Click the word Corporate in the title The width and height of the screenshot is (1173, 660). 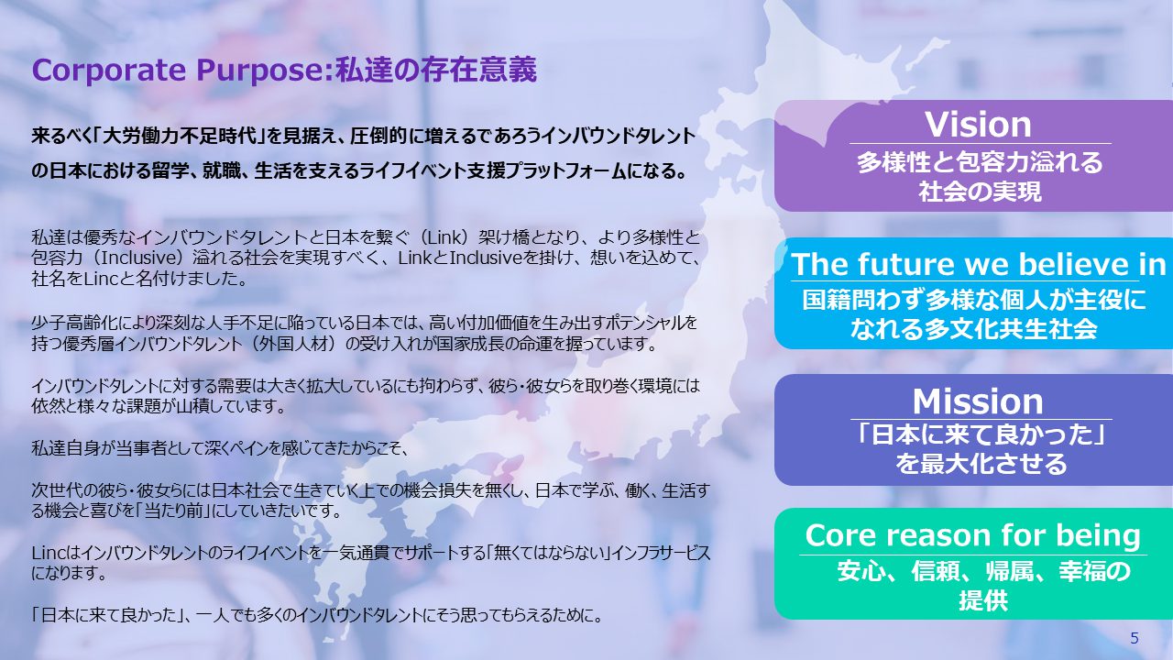109,71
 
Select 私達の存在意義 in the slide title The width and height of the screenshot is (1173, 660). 436,71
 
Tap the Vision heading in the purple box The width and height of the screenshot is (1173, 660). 978,125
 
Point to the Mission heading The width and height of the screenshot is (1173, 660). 978,401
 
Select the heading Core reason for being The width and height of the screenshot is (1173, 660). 973,535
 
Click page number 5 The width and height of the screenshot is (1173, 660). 1135,638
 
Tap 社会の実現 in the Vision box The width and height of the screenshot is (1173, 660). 980,192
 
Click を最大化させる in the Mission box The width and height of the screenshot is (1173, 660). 981,464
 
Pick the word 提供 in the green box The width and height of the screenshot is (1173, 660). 983,600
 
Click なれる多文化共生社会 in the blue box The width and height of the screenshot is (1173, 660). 973,329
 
